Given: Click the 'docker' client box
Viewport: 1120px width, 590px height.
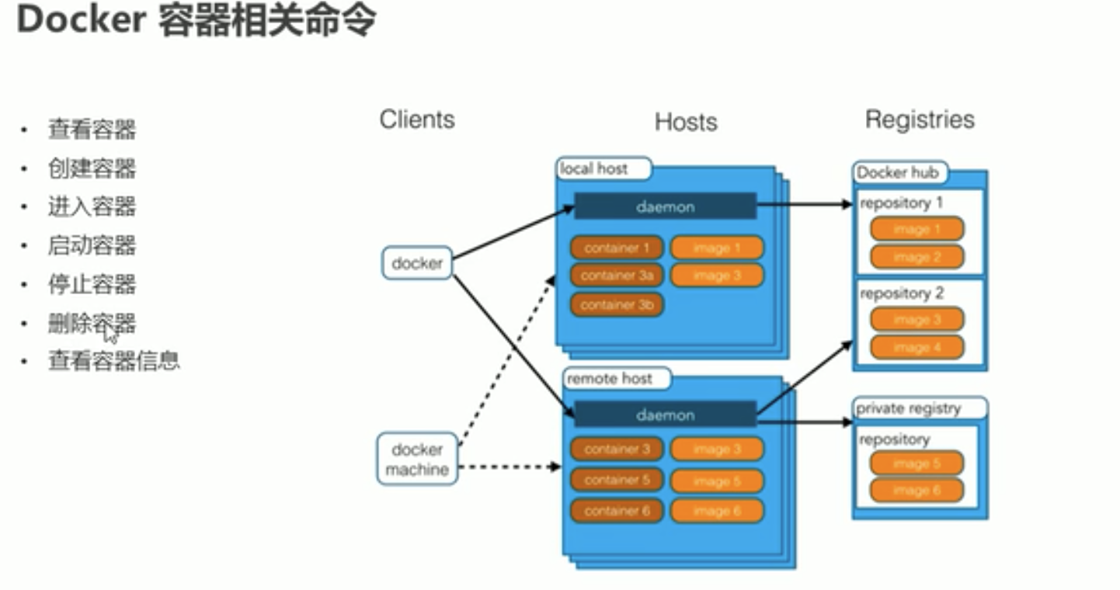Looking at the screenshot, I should pyautogui.click(x=417, y=263).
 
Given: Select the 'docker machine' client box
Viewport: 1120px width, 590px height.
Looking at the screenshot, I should pyautogui.click(x=417, y=460).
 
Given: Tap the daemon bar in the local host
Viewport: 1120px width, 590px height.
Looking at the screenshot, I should pyautogui.click(x=665, y=206).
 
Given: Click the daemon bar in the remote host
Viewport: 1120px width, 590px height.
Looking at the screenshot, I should pyautogui.click(x=665, y=415).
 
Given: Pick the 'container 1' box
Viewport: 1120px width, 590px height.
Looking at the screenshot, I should pyautogui.click(x=617, y=248).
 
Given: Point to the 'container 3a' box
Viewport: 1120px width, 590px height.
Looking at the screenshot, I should pyautogui.click(x=617, y=276).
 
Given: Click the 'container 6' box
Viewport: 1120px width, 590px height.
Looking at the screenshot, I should pyautogui.click(x=617, y=511).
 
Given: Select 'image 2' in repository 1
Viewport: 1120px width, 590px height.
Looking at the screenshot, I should pyautogui.click(x=917, y=257).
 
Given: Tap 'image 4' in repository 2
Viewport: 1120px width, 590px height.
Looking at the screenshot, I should pyautogui.click(x=917, y=347).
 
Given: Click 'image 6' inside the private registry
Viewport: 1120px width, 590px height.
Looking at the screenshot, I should pyautogui.click(x=917, y=491).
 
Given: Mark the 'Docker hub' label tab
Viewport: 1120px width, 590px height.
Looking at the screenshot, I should pyautogui.click(x=898, y=172).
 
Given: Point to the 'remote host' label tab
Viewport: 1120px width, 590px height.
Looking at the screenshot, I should pyautogui.click(x=610, y=379).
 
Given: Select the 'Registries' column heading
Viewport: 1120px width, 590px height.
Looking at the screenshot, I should pyautogui.click(x=920, y=120).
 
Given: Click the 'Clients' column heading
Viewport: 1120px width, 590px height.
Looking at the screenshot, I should pyautogui.click(x=417, y=120).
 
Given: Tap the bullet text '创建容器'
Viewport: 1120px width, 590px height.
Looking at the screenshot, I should pyautogui.click(x=92, y=168).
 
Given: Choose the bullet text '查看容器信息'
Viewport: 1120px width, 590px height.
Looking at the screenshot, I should pyautogui.click(x=113, y=360).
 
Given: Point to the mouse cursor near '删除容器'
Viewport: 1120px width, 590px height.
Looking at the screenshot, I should pyautogui.click(x=110, y=333).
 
